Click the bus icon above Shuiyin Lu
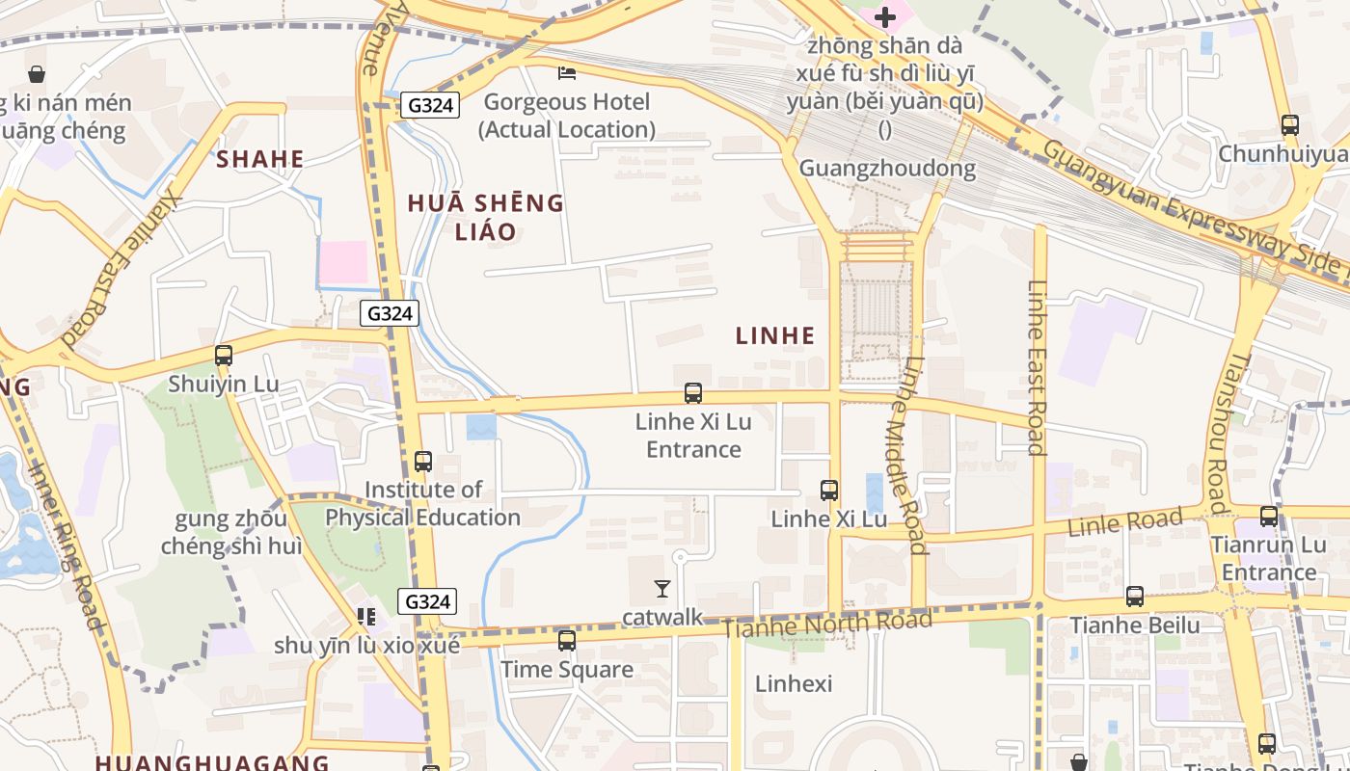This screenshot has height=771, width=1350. coord(224,355)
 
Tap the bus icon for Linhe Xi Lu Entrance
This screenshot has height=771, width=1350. coord(693,392)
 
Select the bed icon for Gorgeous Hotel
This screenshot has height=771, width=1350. coord(567,73)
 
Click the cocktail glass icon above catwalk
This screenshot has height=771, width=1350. coord(662,588)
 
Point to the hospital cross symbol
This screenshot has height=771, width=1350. coord(884,16)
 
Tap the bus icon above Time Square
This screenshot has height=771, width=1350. coord(567,640)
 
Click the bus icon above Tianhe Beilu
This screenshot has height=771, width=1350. coord(1135,597)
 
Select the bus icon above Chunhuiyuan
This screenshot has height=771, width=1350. coord(1289,124)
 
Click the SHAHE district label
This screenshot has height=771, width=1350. coord(260,159)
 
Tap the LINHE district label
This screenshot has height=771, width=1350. coord(775,335)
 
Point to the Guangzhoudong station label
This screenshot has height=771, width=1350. coord(887,169)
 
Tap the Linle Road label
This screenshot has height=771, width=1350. coord(1125,523)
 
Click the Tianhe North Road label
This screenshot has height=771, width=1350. coord(827,624)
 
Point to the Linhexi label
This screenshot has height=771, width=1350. coord(794,683)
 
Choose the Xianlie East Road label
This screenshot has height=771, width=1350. coord(122,265)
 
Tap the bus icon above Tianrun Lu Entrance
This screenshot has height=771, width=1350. coord(1269,516)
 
